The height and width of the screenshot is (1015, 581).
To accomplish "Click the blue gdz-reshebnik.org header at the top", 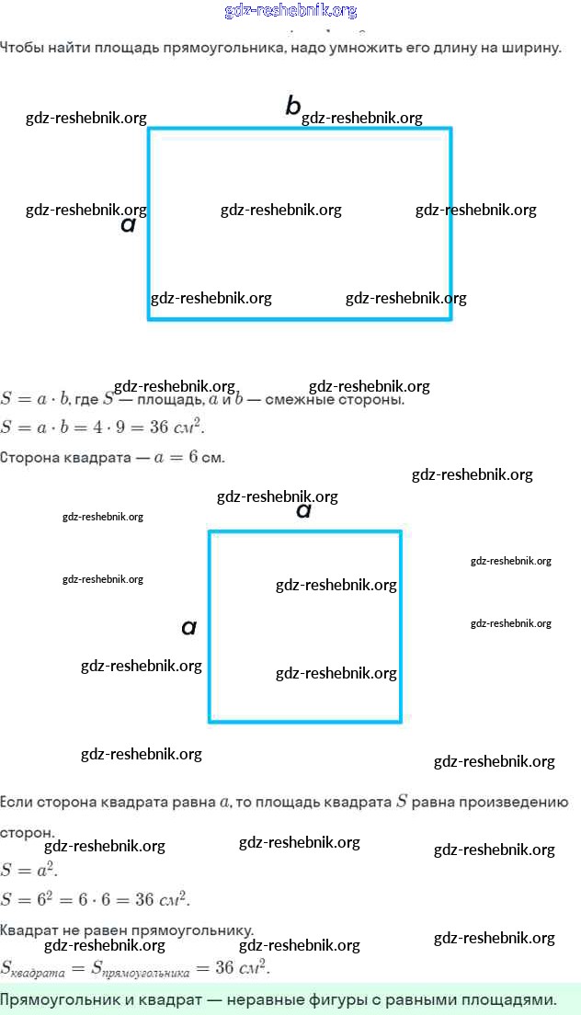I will point(290,11).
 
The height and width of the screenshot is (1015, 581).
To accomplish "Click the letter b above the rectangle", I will point(293,107).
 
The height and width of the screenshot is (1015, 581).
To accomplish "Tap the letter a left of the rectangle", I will point(129,224).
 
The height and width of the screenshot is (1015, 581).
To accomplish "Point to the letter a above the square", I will point(304,511).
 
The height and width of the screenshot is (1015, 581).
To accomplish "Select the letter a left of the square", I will point(189,628).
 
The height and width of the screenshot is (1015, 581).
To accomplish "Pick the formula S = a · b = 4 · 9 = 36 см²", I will point(103,428).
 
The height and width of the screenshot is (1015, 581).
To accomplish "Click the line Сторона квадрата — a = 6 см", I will point(112,457).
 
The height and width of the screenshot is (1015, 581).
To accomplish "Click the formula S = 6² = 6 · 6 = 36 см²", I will point(96,898).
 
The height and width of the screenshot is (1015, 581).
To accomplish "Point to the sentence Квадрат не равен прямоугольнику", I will point(127,929).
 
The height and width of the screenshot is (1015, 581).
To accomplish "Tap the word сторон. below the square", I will point(27,832).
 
